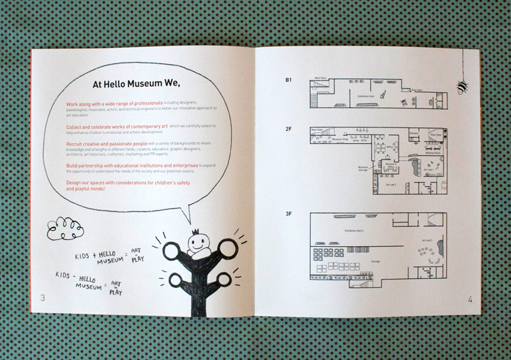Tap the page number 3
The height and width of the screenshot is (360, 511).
click(x=43, y=298)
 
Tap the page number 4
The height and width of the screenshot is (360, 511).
click(x=469, y=299)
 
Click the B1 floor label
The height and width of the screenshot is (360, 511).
click(x=289, y=80)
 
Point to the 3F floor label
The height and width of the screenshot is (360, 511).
click(x=289, y=215)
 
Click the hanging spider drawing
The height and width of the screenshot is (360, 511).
click(x=463, y=85)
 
